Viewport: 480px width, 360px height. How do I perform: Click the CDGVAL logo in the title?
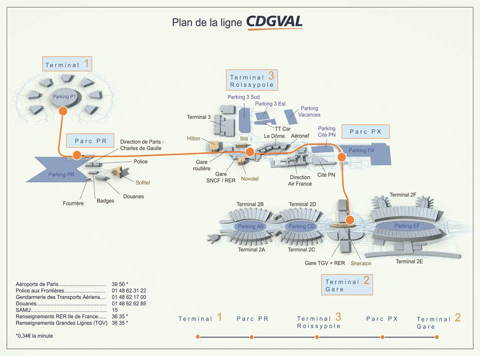tap(274, 22)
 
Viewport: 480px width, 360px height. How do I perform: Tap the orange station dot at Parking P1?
tap(63, 110)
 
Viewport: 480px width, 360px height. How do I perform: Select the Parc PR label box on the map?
tap(90, 141)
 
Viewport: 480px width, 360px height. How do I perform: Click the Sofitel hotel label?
tap(142, 182)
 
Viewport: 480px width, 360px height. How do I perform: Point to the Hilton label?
tap(193, 138)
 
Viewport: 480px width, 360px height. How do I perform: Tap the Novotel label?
tap(250, 178)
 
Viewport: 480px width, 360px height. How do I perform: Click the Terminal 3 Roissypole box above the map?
tap(252, 80)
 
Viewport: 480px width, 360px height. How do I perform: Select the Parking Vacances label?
tap(309, 111)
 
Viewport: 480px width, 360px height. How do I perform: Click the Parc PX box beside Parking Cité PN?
tap(365, 131)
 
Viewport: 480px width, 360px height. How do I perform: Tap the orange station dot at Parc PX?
tap(341, 157)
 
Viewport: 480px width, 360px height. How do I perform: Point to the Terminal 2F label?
tap(403, 194)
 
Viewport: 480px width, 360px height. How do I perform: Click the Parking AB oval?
tap(250, 226)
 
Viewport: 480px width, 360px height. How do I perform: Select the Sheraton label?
tap(361, 263)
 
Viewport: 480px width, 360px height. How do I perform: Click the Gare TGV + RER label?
tap(325, 262)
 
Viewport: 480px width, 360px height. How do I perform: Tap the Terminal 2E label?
tap(409, 261)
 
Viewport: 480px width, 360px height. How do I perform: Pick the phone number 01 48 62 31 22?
tap(129, 290)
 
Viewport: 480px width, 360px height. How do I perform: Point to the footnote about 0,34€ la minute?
tap(34, 336)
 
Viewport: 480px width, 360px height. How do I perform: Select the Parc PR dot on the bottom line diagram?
tap(251, 337)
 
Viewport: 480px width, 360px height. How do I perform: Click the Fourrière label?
tap(73, 203)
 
